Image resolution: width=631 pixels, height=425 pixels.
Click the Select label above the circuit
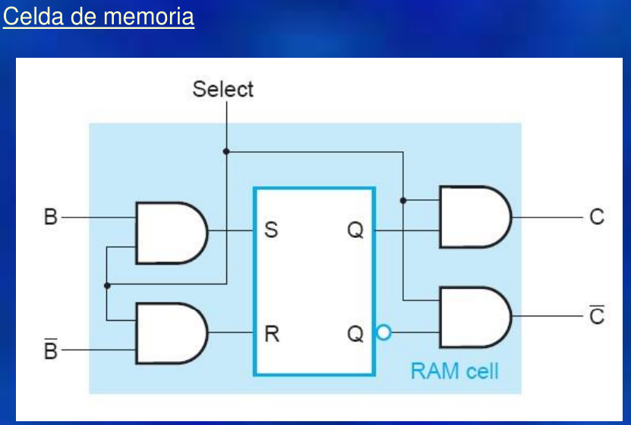(222, 89)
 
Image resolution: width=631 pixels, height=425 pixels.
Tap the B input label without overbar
(50, 217)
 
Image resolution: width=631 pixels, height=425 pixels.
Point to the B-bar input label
(50, 350)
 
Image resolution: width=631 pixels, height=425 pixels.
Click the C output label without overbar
(597, 217)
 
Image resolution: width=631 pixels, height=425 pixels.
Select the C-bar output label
(597, 316)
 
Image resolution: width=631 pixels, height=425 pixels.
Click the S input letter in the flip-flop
(271, 230)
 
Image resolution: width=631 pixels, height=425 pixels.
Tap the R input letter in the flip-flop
(271, 333)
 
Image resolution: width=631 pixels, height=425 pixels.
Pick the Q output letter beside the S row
(355, 230)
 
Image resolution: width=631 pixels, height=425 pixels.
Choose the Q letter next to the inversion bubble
(355, 333)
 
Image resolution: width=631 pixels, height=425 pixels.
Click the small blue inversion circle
(383, 332)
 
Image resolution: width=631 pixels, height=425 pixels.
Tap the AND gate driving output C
(474, 217)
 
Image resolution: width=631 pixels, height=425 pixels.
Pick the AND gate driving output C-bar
(474, 316)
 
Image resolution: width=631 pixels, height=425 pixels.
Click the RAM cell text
(454, 371)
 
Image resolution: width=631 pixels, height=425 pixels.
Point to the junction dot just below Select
(226, 151)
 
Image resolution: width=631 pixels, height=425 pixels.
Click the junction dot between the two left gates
(107, 285)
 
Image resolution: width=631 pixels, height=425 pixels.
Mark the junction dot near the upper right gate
(403, 201)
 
